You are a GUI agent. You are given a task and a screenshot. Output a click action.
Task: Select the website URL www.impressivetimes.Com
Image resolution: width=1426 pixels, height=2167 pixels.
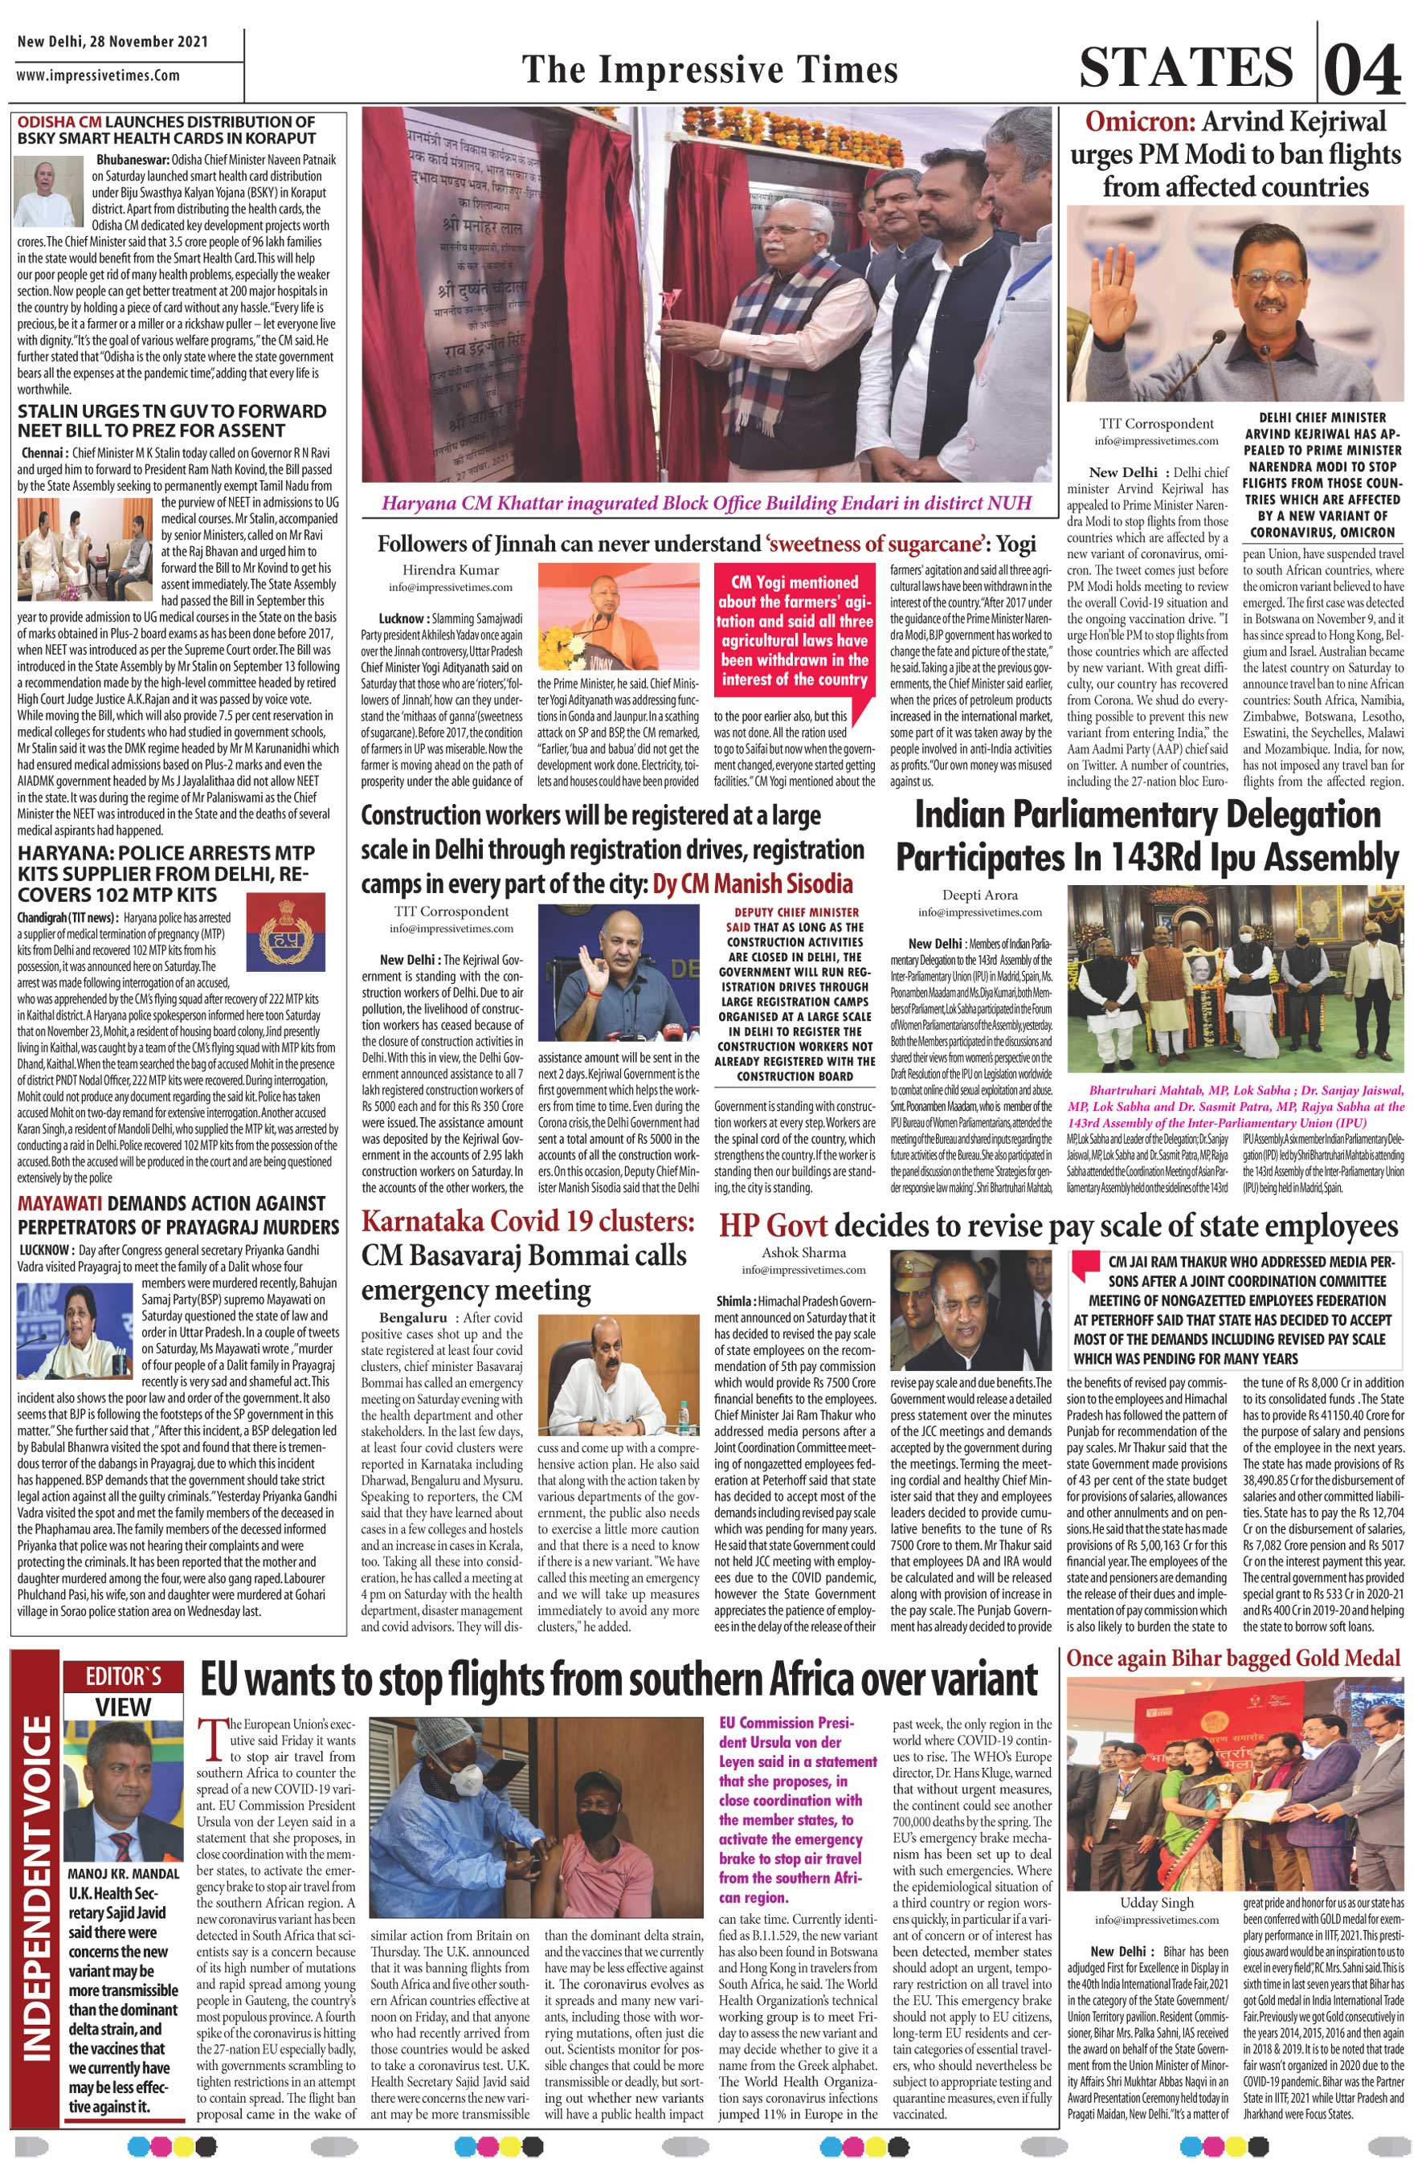(97, 75)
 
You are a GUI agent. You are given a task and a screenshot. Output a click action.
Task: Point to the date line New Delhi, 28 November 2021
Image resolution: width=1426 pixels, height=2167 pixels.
(112, 42)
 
